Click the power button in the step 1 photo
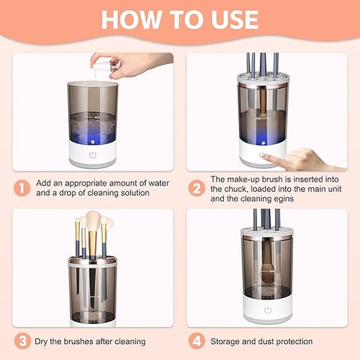pyautogui.click(x=92, y=154)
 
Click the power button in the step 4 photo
pyautogui.click(x=268, y=309)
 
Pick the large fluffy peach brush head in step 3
pyautogui.click(x=92, y=220)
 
